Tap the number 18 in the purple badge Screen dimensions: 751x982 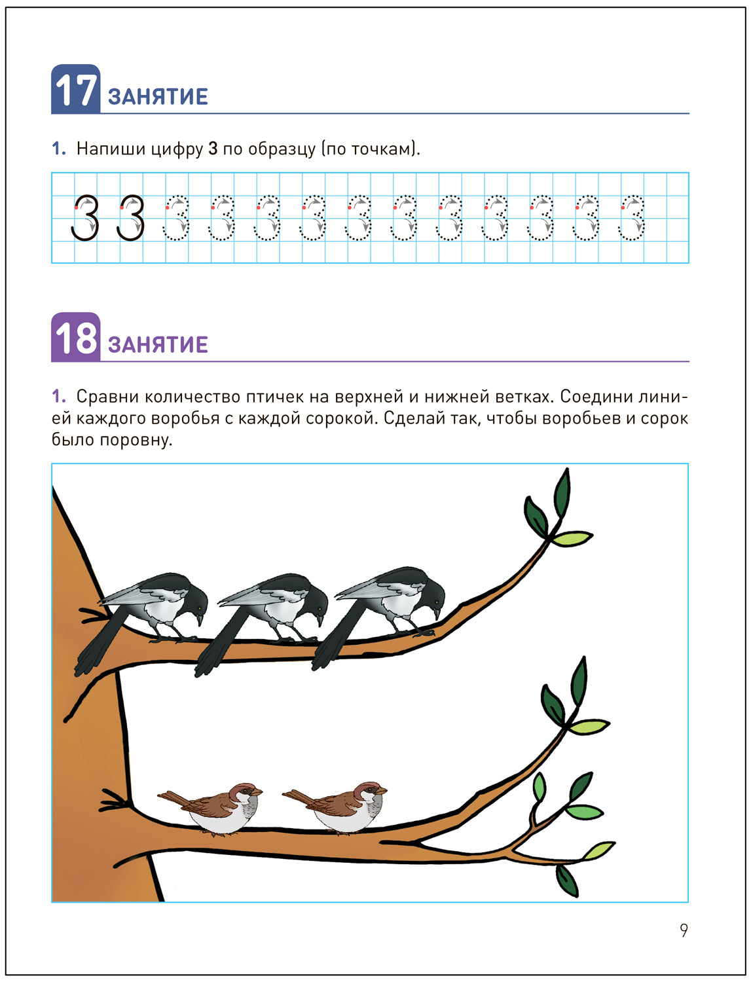pos(75,338)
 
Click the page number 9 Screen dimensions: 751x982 pos(684,930)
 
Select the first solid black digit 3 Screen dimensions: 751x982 pos(85,218)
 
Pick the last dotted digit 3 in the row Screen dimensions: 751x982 pos(632,218)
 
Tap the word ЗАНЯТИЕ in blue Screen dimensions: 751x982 pos(158,97)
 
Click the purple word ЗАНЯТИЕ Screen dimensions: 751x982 pos(158,344)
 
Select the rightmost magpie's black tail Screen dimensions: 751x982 pos(333,634)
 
